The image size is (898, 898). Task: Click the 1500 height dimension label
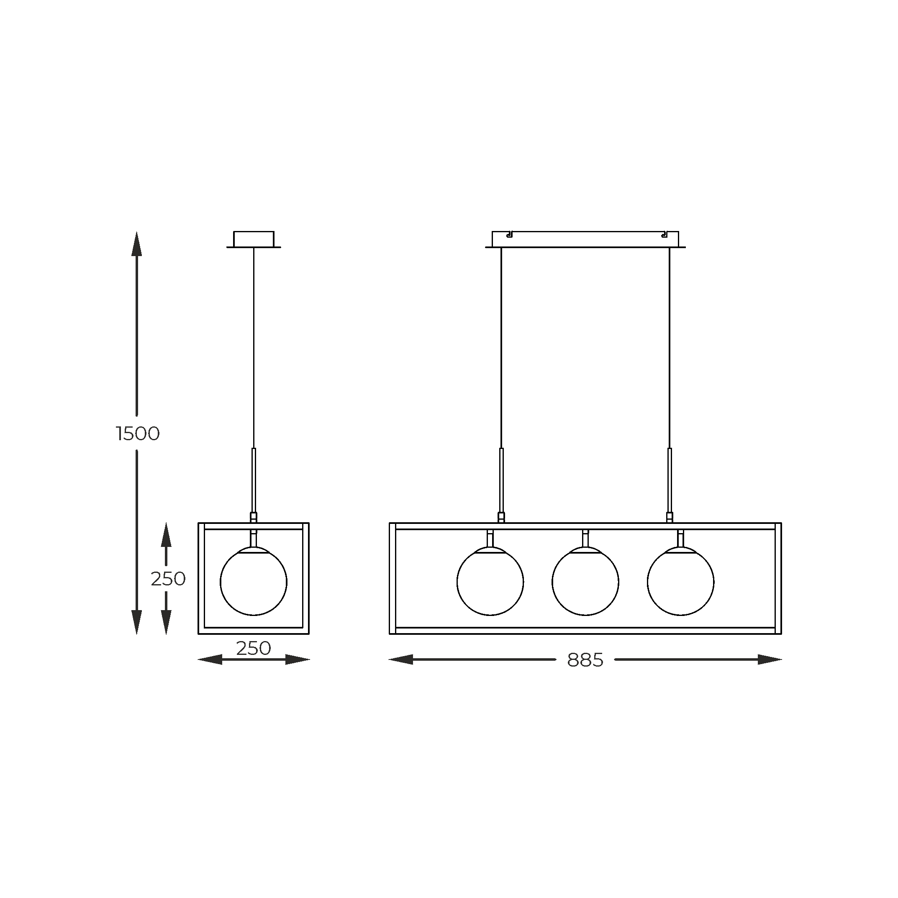pyautogui.click(x=138, y=434)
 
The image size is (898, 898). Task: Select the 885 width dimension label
pyautogui.click(x=585, y=660)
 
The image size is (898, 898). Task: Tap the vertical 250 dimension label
pyautogui.click(x=168, y=579)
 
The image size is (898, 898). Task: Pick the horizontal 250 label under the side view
pyautogui.click(x=253, y=649)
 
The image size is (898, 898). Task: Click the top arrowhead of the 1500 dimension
pyautogui.click(x=137, y=244)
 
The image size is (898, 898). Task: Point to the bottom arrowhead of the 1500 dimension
pyautogui.click(x=137, y=622)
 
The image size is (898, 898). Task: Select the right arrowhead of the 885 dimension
pyautogui.click(x=770, y=659)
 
